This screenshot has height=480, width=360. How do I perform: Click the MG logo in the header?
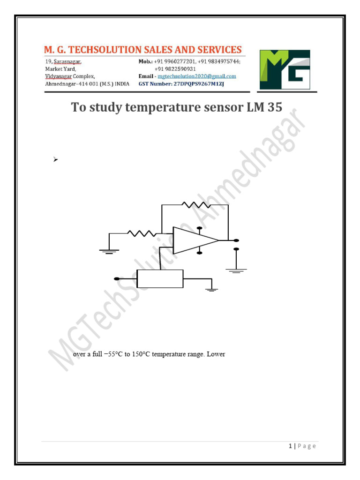pyautogui.click(x=285, y=69)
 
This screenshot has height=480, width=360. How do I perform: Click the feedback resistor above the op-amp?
pyautogui.click(x=197, y=205)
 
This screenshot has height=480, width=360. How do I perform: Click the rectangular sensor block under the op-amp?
pyautogui.click(x=160, y=279)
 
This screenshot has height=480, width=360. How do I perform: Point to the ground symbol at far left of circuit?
pyautogui.click(x=109, y=251)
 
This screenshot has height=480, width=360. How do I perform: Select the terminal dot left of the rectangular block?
pyautogui.click(x=116, y=279)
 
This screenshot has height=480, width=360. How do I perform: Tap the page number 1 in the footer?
pyautogui.click(x=291, y=446)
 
